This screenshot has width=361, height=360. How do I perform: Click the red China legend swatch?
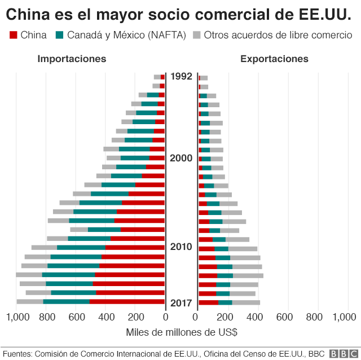tap(14, 36)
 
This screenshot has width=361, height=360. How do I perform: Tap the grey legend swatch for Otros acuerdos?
tap(197, 36)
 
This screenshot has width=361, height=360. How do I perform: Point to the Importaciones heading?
tap(72, 59)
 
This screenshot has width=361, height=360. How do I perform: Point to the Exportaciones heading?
tap(274, 59)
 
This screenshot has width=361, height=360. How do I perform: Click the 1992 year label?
tap(182, 76)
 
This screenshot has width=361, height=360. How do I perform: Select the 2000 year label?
tap(182, 158)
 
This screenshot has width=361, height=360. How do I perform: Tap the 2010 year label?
tap(182, 247)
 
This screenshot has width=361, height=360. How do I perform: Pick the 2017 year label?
tap(182, 302)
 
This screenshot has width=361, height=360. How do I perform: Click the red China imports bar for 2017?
tap(127, 302)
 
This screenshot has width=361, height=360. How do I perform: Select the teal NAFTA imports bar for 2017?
tap(66, 302)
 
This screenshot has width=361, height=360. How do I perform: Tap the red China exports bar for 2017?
tap(208, 302)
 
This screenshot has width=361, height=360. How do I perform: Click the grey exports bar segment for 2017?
tap(246, 302)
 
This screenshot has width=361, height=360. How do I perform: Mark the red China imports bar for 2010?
tap(135, 247)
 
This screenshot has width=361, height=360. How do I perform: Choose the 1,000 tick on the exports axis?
tap(344, 318)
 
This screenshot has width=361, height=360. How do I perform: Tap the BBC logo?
tap(341, 353)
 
